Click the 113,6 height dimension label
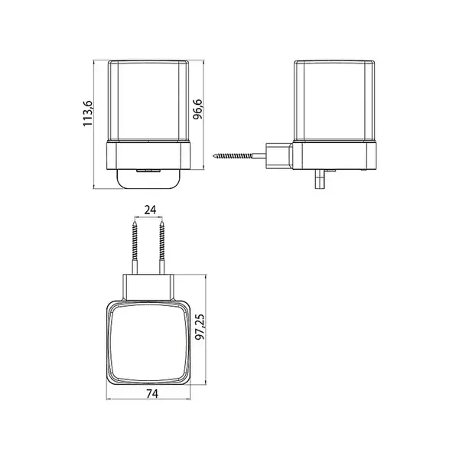click(88, 113)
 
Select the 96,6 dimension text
click(198, 109)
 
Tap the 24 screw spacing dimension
click(150, 210)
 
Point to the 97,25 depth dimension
click(200, 327)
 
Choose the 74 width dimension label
click(152, 394)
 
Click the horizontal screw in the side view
click(232, 156)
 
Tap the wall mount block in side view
click(278, 156)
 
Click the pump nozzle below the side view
click(319, 178)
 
